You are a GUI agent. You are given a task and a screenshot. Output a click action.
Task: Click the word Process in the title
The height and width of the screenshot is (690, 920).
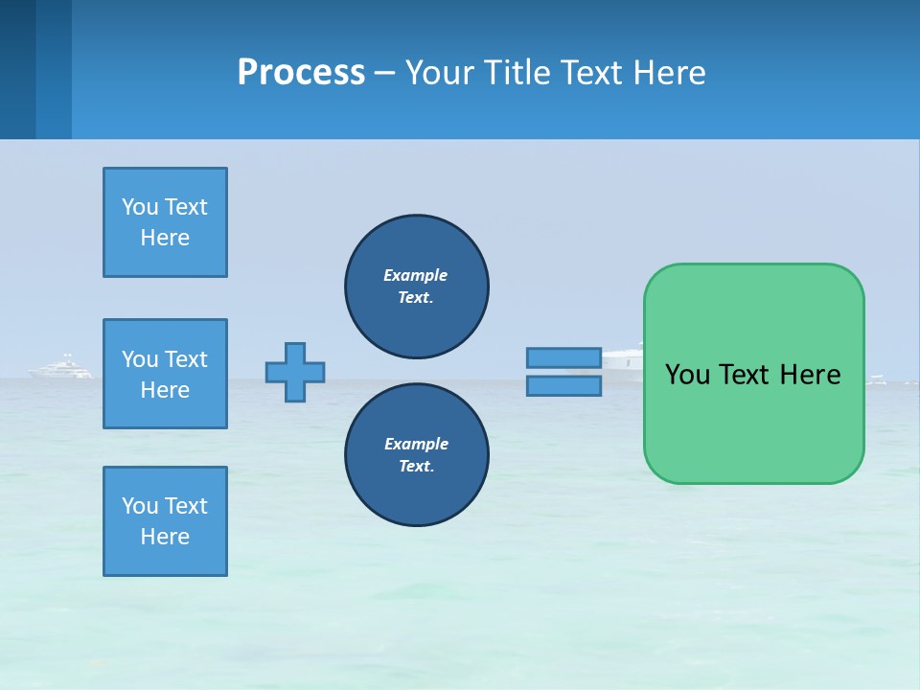[x=301, y=72]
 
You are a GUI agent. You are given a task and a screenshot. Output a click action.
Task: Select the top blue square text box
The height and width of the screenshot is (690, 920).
[x=165, y=222]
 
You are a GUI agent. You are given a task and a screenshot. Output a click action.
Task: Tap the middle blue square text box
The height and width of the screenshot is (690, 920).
[x=165, y=374]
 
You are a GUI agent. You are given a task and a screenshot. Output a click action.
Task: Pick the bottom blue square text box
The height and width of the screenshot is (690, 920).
[x=165, y=521]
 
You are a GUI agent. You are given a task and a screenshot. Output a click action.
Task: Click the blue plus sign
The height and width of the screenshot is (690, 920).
[x=295, y=372]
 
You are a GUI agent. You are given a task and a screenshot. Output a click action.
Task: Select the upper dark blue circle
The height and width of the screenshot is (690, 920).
[x=416, y=286]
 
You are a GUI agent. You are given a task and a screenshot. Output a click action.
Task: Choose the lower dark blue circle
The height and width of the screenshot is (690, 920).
[x=416, y=454]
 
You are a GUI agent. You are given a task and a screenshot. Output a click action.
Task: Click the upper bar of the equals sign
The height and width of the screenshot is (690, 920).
[x=563, y=358]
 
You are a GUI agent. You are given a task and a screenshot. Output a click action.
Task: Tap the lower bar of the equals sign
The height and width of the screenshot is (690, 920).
[x=563, y=385]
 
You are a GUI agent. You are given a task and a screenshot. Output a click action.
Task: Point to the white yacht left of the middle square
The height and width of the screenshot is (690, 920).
[x=63, y=367]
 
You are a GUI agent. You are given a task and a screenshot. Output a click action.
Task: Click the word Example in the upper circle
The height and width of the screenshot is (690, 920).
[x=416, y=275]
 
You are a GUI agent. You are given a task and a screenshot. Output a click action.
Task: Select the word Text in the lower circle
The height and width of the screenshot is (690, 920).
[x=415, y=467]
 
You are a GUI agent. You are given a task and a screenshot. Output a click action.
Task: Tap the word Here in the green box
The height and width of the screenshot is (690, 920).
[x=810, y=375]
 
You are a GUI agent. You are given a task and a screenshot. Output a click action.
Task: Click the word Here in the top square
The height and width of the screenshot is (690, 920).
[x=165, y=238]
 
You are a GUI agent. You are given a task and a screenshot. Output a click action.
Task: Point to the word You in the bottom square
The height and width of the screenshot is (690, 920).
[x=140, y=506]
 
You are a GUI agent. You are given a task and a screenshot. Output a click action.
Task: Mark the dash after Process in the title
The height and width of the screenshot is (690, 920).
[x=385, y=73]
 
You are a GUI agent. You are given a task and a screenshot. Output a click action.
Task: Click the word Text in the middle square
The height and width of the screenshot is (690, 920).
[x=186, y=359]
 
